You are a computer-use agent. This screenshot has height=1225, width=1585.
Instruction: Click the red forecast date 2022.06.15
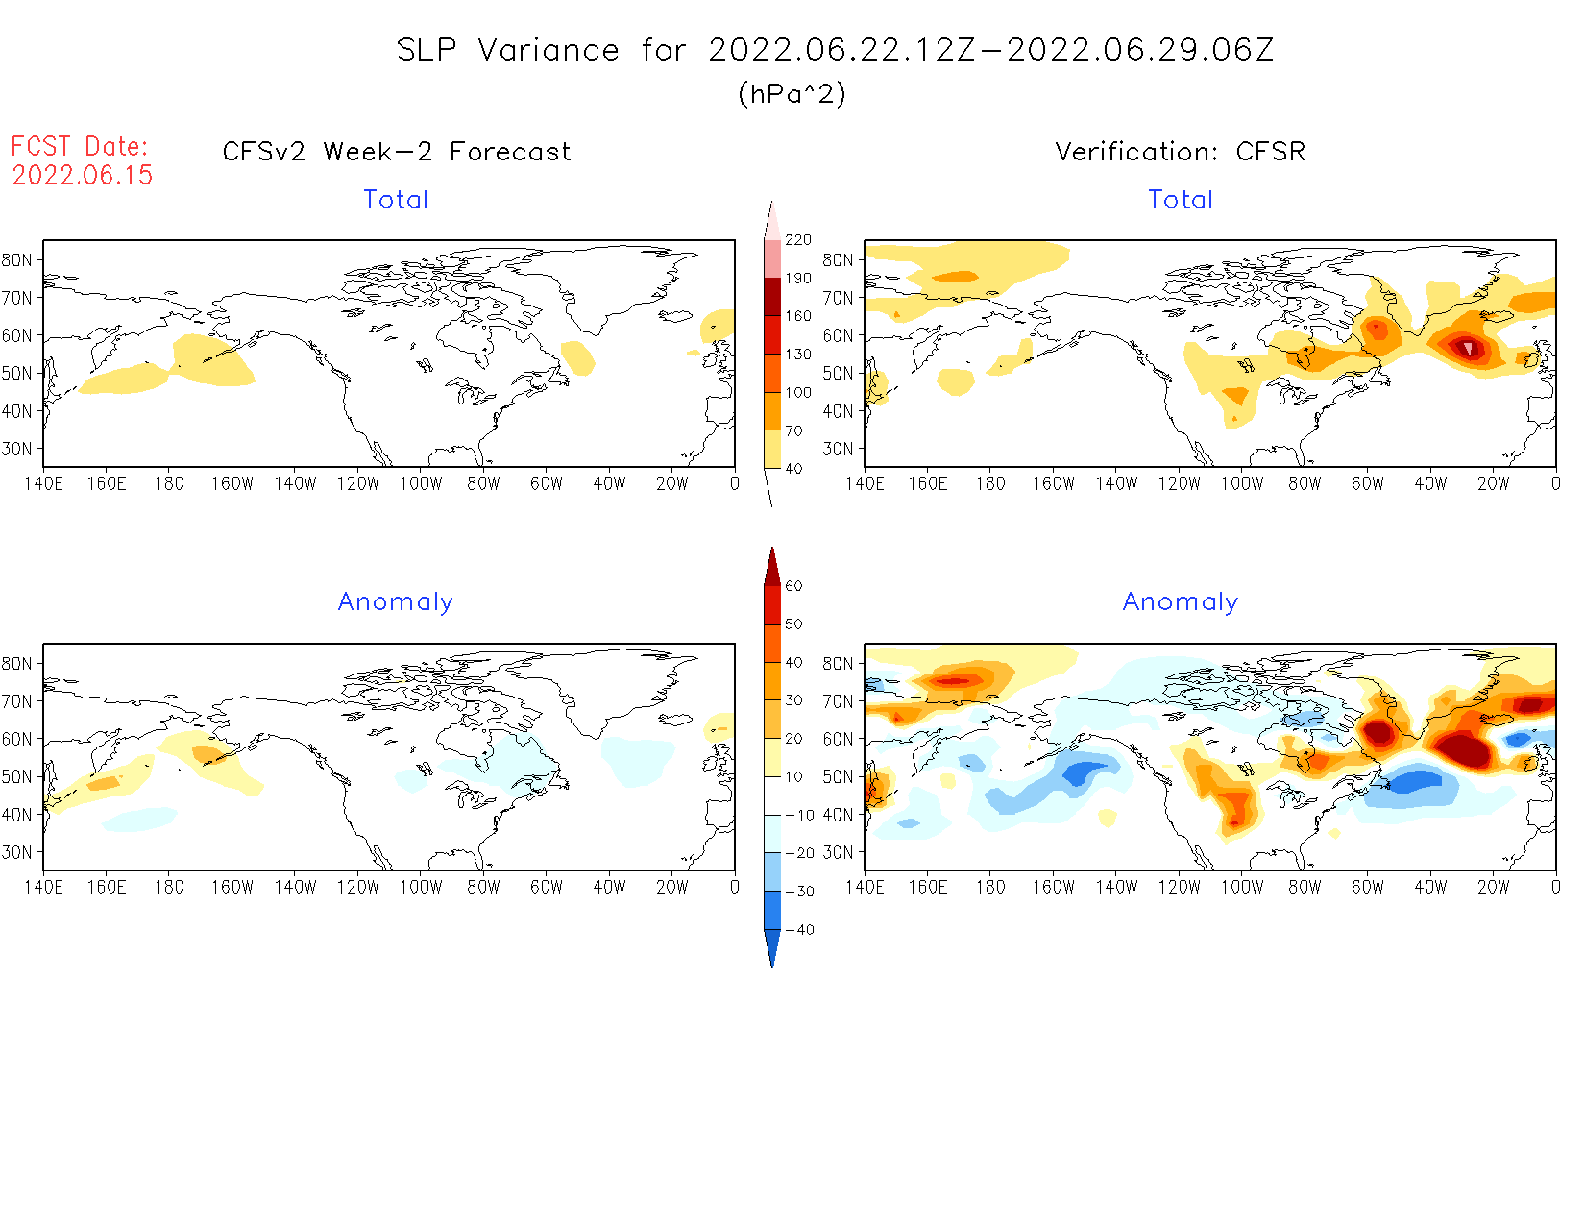[83, 175]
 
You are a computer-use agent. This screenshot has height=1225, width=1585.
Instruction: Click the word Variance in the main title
[549, 50]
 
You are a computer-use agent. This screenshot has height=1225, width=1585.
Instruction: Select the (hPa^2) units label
[792, 93]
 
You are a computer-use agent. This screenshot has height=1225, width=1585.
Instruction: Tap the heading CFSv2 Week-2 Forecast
[396, 152]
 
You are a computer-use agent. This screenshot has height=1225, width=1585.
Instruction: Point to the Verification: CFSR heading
[1180, 152]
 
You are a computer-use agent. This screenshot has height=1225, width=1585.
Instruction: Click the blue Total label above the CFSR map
[1181, 200]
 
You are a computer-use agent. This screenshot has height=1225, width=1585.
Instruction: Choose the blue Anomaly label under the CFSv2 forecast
[395, 601]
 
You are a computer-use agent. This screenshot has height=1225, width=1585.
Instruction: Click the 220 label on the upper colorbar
[798, 240]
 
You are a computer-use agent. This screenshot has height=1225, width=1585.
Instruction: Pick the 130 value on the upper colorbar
[798, 355]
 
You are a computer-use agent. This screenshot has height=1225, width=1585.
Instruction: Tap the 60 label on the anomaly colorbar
[793, 586]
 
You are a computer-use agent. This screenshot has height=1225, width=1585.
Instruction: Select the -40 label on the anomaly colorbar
[799, 930]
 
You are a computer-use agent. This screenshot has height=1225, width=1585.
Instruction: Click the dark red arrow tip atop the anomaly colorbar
[772, 561]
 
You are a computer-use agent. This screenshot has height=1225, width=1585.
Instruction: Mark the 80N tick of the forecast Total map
[17, 260]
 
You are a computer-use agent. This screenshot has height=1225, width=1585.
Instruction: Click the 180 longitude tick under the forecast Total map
[169, 484]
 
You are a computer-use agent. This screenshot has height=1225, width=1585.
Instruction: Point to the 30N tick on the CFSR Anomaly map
[838, 852]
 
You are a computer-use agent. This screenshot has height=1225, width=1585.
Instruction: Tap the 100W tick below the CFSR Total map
[1242, 484]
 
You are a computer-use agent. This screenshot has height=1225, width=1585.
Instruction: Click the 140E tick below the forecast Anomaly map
[43, 888]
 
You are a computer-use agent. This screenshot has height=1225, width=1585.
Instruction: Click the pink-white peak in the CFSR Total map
[1467, 347]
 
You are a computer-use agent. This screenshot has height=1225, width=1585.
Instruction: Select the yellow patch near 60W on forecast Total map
[577, 358]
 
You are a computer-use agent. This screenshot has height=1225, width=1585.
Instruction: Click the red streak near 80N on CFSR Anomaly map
[955, 681]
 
